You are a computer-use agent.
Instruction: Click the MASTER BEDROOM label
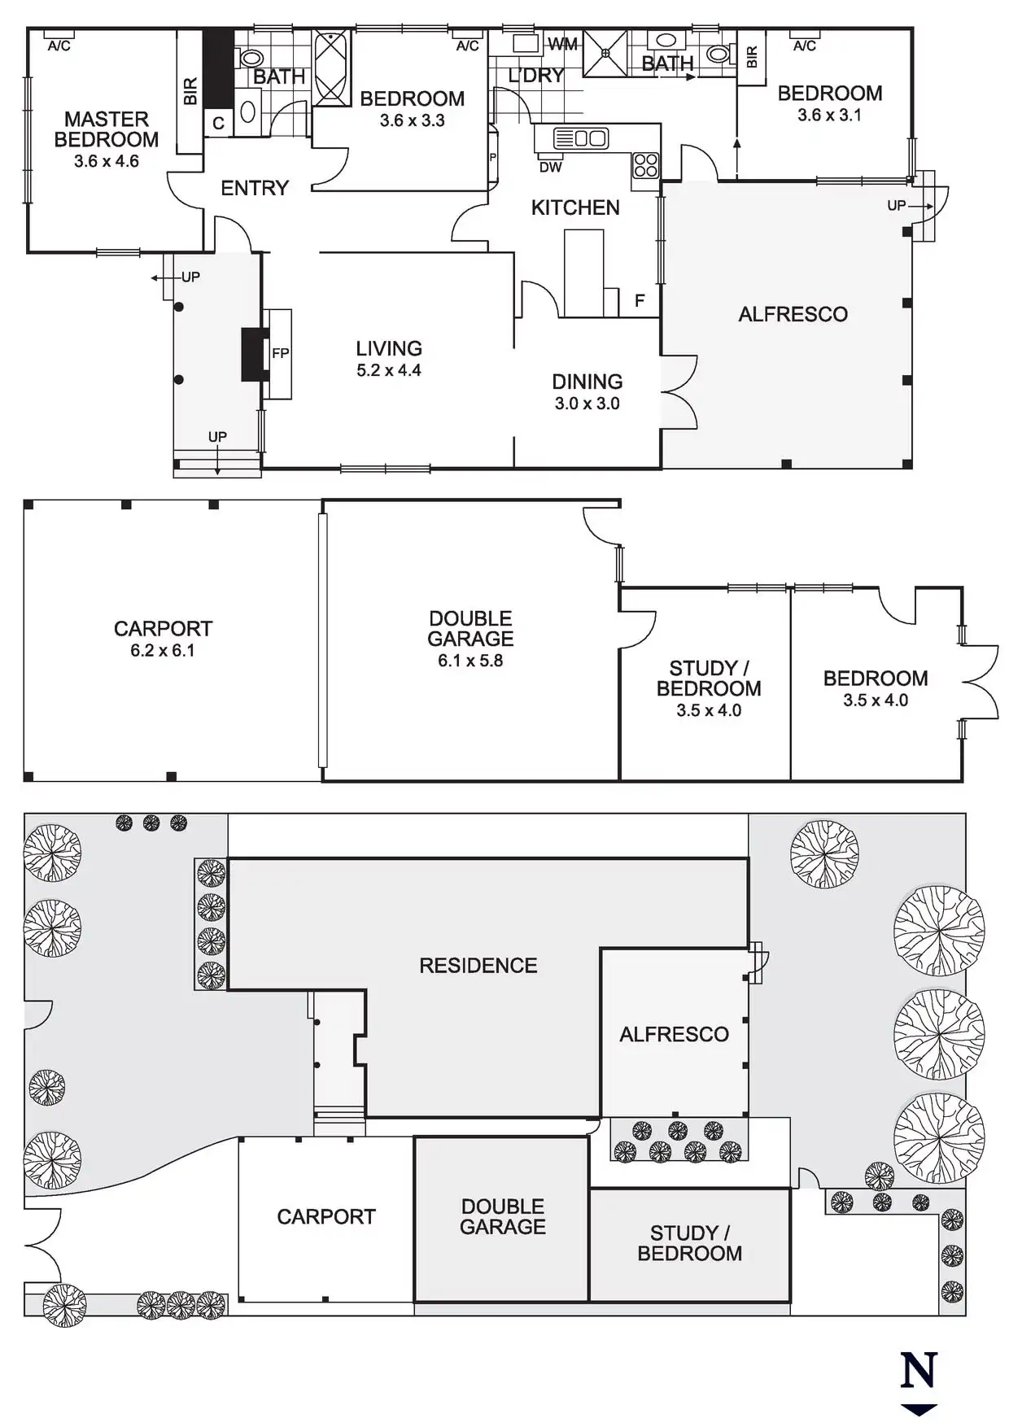click(106, 129)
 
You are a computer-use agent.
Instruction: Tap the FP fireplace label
click(280, 353)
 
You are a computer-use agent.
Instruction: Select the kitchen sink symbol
click(580, 138)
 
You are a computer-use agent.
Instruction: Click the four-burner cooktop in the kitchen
click(646, 165)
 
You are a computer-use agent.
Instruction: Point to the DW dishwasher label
click(550, 168)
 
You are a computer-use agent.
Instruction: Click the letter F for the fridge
click(640, 301)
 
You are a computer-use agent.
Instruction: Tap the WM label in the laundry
click(562, 44)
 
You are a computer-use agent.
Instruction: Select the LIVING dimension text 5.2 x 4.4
click(388, 371)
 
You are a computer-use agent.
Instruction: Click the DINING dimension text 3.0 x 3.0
click(587, 404)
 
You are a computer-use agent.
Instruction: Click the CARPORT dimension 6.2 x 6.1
click(163, 651)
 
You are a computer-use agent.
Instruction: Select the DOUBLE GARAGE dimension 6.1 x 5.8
click(470, 661)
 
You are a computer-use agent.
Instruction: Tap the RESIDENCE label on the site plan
click(478, 966)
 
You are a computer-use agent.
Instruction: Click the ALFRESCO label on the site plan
click(674, 1034)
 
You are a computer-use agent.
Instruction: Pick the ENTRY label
click(255, 189)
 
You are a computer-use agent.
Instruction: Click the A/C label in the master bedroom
click(59, 46)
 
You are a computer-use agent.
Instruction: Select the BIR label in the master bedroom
click(190, 91)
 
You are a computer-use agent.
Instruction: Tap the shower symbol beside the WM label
click(605, 53)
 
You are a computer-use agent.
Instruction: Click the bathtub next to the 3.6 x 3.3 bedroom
click(332, 68)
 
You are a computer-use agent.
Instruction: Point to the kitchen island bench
click(583, 273)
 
